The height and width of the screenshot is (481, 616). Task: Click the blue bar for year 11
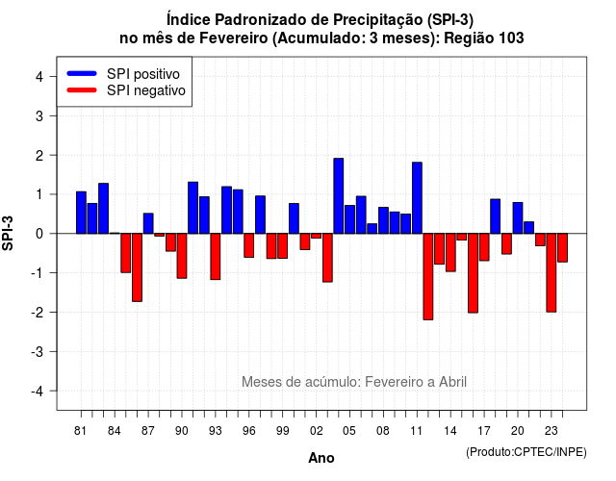(417, 198)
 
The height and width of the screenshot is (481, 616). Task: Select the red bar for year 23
(552, 273)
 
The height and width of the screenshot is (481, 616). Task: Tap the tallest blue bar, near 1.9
(339, 196)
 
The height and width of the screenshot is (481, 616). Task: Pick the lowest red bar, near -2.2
(428, 277)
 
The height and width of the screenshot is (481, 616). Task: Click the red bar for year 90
(182, 256)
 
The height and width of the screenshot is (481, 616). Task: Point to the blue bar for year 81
(81, 213)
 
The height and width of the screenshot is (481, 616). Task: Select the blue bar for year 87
(148, 223)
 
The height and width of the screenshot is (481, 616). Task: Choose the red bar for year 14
(450, 252)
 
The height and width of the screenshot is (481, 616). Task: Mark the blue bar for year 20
(518, 218)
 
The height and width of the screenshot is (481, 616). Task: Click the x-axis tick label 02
(317, 431)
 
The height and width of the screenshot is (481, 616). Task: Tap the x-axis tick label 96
(249, 431)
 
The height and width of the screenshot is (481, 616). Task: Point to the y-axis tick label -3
(38, 351)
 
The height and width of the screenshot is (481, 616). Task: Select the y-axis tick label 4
(39, 77)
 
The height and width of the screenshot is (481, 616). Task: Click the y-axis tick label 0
(39, 234)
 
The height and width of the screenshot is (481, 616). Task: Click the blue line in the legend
(82, 73)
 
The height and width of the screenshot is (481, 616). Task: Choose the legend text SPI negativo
(146, 90)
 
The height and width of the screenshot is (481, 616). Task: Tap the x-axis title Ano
(321, 458)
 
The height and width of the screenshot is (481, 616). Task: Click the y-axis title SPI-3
(8, 233)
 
